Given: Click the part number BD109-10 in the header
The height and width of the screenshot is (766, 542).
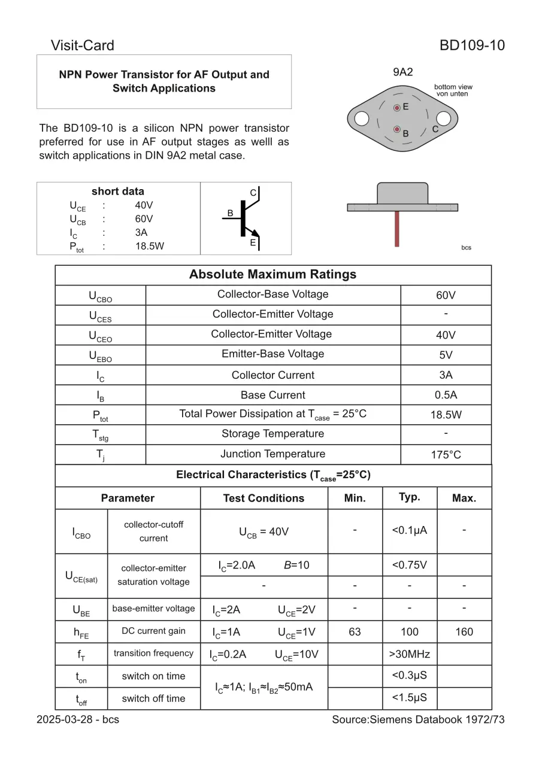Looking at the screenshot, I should click(472, 45).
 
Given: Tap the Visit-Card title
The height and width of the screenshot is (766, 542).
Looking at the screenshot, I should click(82, 45).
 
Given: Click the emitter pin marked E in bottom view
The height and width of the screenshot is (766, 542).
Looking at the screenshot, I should click(396, 108).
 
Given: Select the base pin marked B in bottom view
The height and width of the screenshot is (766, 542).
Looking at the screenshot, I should click(396, 129).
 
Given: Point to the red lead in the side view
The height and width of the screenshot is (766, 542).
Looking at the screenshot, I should click(396, 229).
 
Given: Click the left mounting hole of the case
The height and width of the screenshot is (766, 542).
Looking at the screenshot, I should click(362, 119).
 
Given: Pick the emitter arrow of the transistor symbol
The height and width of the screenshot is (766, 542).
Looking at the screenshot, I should click(254, 233).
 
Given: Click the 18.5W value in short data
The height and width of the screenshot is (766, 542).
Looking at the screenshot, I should click(149, 246).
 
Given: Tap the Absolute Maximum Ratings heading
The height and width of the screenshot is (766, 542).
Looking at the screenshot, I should click(272, 275).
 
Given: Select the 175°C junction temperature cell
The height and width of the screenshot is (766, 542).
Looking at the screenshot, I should click(446, 455).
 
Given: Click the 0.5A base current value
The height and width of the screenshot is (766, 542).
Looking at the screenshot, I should click(446, 395).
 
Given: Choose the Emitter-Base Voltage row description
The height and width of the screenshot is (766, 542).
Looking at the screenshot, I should click(272, 354).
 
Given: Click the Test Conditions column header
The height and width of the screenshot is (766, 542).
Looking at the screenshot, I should click(264, 498).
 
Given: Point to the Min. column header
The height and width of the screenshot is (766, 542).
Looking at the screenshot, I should click(355, 498).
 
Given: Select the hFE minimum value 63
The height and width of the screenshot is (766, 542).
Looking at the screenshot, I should click(355, 631).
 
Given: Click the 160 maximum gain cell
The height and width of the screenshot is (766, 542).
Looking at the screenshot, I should click(464, 631).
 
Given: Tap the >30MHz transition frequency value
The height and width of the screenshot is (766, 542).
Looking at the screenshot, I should click(410, 653).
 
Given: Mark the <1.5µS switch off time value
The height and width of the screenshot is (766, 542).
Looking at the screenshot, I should click(410, 698).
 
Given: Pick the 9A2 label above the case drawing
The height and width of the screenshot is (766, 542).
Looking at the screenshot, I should click(402, 72).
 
